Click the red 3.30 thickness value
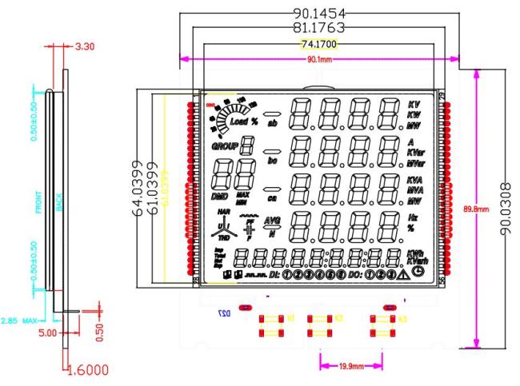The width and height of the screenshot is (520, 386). pos(84,46)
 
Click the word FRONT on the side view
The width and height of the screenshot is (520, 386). pos(38,203)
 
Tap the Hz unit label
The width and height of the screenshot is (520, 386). pos(414,217)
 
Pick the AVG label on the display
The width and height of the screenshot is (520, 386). pos(272,221)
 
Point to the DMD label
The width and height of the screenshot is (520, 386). pos(218,196)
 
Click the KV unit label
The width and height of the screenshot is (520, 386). pos(414,105)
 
